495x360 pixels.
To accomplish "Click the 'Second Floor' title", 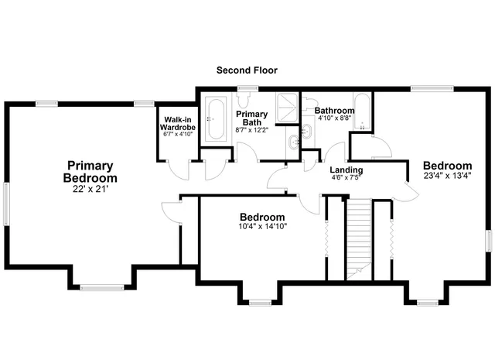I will [247, 70].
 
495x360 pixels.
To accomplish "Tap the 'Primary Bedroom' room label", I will [90, 172].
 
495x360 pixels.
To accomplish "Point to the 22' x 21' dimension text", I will [90, 189].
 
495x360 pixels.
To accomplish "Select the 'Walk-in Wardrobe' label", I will [177, 124].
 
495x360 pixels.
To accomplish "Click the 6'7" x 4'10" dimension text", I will [177, 135].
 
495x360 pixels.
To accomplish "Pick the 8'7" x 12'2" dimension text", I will [252, 129].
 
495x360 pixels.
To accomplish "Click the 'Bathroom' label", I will [334, 111].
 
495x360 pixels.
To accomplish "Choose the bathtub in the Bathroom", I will [362, 113].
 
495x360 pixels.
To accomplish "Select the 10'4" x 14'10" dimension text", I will [261, 227].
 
